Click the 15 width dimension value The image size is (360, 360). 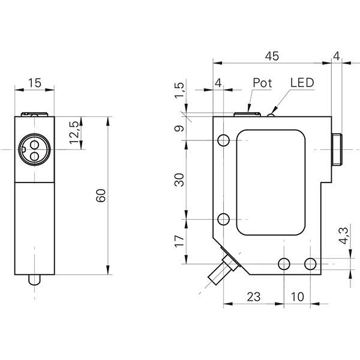pos(35,83)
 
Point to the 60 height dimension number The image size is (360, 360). pos(101,195)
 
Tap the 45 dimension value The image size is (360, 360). pos(272,56)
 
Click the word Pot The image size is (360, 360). pos(262,82)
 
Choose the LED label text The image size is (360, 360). pos(302,82)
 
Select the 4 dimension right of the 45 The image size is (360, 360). pos(336,56)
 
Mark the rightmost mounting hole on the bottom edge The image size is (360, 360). pos(310,263)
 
